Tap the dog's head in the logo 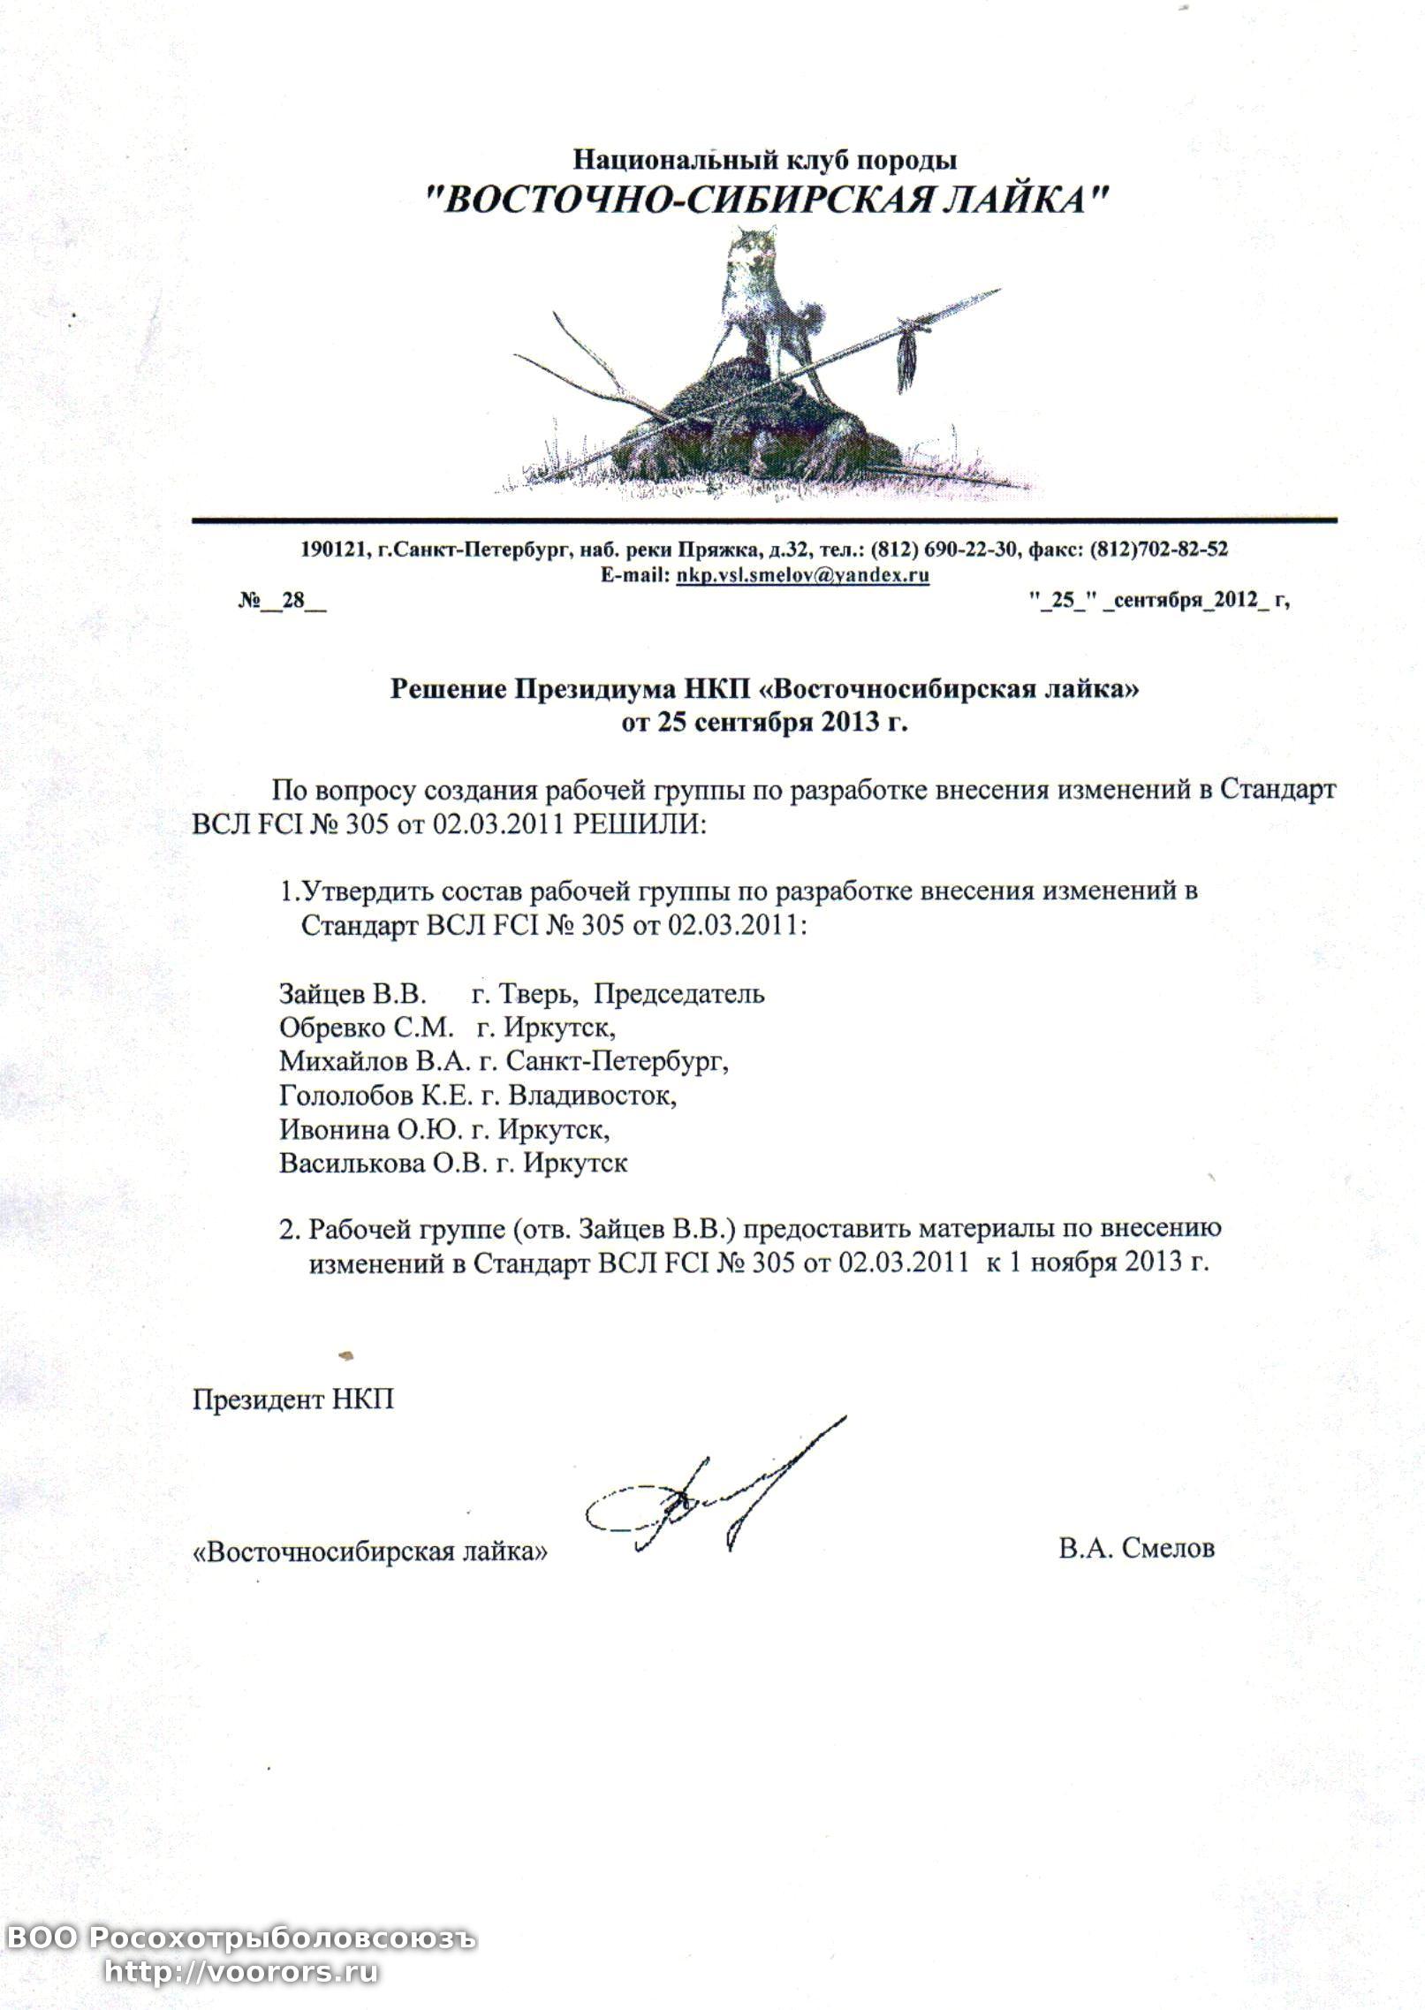point(755,250)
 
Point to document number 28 point(292,601)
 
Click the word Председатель point(678,994)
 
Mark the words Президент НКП point(293,1399)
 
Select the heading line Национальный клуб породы point(765,160)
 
